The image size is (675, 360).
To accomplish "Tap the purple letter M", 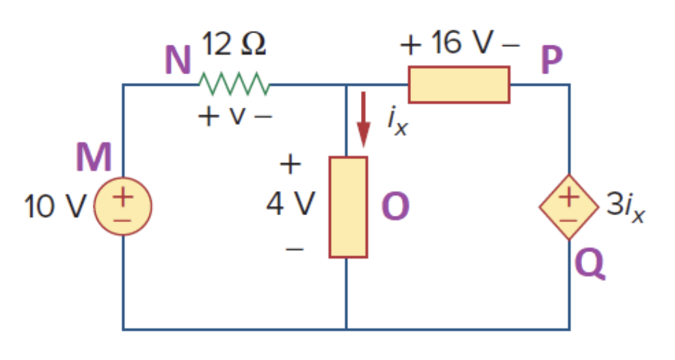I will (x=94, y=158).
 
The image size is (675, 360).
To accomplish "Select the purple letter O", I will (x=395, y=207).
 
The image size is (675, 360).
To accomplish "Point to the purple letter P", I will (x=551, y=60).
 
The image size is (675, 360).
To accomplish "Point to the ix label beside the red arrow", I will (x=397, y=121).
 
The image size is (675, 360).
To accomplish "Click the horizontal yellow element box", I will (x=458, y=84).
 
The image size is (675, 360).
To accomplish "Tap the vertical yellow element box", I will (x=348, y=207).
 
